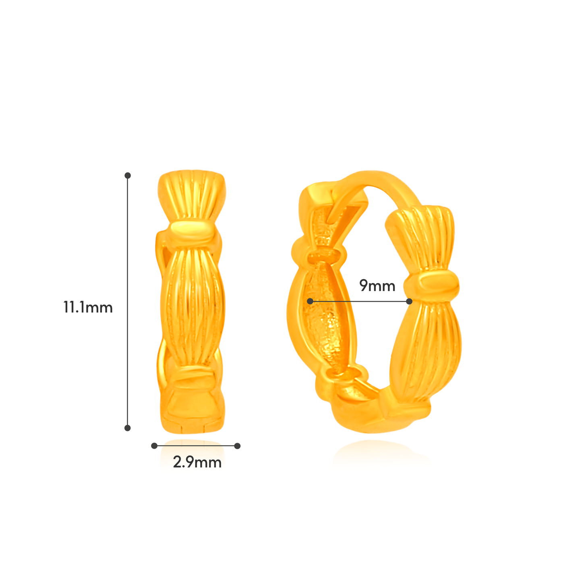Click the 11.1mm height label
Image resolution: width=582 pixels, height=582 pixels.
(88, 307)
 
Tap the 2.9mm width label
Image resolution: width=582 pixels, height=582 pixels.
(197, 462)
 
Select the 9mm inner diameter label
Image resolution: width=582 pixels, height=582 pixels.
(377, 286)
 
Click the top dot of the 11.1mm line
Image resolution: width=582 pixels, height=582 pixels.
(128, 175)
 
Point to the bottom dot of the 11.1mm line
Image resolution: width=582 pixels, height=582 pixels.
(128, 428)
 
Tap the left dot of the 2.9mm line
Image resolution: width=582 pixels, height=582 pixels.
(154, 445)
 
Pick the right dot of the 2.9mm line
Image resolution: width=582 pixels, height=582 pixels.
(237, 445)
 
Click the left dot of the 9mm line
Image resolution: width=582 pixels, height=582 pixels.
(310, 301)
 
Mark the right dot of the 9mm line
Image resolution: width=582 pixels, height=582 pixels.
(409, 301)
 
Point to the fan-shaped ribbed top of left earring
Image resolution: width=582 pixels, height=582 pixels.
(192, 193)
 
